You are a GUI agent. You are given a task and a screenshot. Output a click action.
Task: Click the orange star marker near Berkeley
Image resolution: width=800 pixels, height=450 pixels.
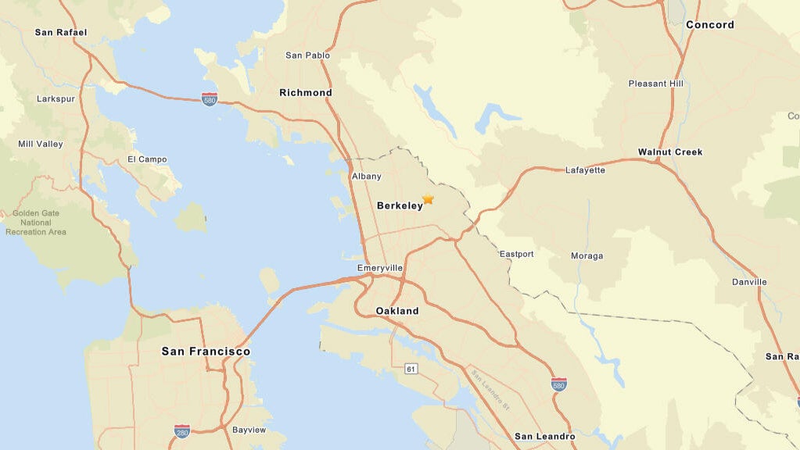tap(428, 199)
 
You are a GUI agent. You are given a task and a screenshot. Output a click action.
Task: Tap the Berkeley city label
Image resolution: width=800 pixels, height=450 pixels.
tap(400, 206)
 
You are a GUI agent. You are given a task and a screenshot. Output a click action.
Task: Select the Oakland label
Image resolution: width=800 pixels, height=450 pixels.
tap(397, 311)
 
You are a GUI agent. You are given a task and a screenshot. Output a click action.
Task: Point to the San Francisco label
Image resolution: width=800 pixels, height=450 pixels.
tap(206, 352)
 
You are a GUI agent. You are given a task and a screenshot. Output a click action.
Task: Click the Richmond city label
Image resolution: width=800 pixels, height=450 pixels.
tap(306, 93)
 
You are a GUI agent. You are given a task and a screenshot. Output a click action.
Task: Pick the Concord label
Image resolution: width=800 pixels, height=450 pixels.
tap(710, 25)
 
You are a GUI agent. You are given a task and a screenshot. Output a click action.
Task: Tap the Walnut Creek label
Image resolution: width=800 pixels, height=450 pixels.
tap(670, 152)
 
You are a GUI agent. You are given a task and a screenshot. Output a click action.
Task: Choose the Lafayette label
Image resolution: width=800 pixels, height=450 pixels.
tap(585, 170)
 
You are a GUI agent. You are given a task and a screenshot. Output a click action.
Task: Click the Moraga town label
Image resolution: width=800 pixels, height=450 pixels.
tap(587, 256)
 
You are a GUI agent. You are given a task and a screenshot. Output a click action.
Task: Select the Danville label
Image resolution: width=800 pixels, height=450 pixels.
tap(749, 282)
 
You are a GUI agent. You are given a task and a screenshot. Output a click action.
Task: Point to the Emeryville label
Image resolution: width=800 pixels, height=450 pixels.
tap(380, 268)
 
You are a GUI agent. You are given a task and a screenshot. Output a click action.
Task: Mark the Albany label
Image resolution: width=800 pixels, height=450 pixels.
tap(367, 177)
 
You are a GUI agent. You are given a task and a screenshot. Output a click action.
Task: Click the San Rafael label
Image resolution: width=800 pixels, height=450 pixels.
tap(61, 33)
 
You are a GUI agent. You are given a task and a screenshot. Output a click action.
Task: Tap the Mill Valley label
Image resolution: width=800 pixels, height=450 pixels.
tap(41, 145)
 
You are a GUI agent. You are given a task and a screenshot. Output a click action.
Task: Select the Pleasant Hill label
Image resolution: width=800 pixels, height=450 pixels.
tap(655, 84)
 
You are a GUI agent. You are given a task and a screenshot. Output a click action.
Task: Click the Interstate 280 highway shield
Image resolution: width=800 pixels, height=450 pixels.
tap(182, 431)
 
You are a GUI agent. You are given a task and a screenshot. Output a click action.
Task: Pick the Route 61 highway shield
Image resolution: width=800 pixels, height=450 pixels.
tap(411, 368)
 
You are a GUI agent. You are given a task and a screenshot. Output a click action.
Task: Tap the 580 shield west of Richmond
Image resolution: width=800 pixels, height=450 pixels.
tap(209, 99)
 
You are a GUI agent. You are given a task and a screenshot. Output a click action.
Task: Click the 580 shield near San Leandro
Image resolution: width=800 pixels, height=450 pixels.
tap(558, 384)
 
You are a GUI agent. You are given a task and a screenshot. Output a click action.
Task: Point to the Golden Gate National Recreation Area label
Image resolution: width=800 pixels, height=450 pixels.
tap(36, 223)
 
